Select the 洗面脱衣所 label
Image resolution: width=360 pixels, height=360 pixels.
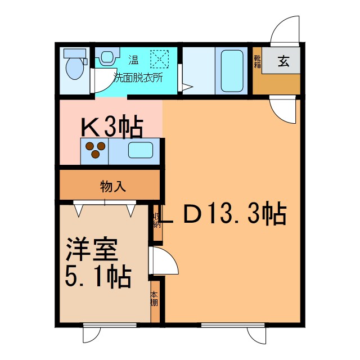(137, 78)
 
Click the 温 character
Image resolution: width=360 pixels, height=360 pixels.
(134, 59)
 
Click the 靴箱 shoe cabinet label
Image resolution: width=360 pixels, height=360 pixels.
(257, 61)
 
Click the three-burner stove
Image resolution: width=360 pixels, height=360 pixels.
(94, 150)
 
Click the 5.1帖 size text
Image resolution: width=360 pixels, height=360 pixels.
(99, 277)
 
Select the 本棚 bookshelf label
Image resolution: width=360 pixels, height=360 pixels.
(155, 298)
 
